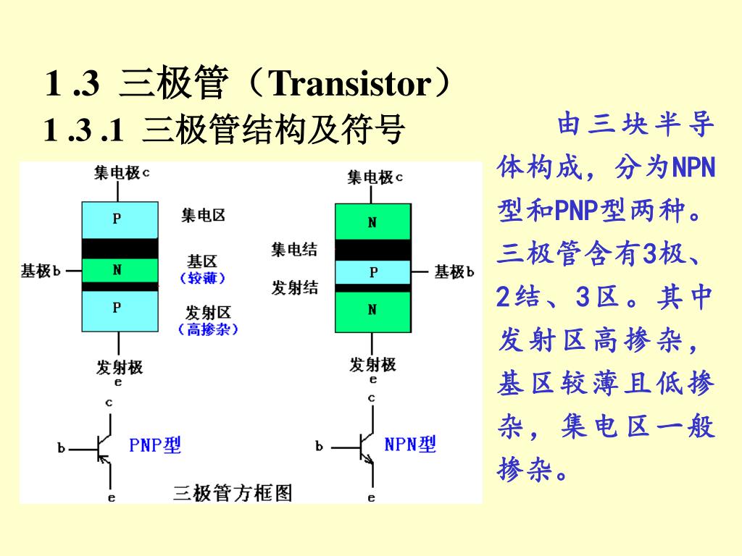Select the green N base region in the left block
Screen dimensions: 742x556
(119, 270)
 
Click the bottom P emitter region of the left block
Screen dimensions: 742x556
(119, 311)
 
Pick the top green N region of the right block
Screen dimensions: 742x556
(372, 221)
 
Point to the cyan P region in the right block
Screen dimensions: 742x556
(372, 272)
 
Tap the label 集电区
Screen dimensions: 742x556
(203, 215)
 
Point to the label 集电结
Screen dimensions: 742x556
(294, 250)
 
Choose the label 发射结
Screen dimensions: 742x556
(294, 287)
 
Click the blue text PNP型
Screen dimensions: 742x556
(155, 445)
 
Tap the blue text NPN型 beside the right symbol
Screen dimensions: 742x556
(410, 444)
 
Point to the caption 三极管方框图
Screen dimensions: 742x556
(233, 494)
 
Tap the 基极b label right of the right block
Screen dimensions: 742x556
(454, 272)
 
